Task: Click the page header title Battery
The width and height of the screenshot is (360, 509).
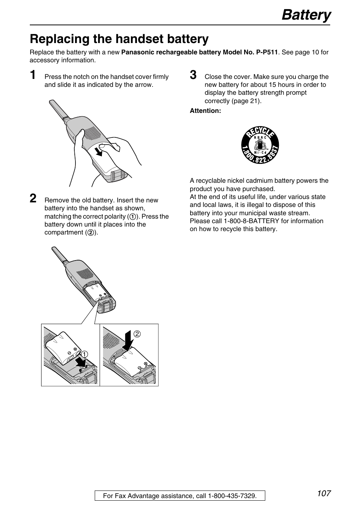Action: point(306,15)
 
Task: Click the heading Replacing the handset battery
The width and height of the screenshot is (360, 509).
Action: point(119,39)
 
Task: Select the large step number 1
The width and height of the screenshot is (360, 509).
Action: point(34,75)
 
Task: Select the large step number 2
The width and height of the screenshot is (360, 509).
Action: point(34,198)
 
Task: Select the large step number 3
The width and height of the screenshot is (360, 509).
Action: point(193,75)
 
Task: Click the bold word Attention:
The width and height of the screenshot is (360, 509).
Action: point(205,111)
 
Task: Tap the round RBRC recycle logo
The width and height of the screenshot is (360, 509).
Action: point(260,145)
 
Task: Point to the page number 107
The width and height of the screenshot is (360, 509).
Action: point(324,493)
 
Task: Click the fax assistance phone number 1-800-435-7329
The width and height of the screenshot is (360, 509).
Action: point(232,496)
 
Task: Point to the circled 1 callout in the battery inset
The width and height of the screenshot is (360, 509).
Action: point(85,354)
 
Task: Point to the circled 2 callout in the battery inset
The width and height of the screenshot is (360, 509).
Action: point(137,334)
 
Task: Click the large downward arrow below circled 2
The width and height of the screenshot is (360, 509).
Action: point(128,341)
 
